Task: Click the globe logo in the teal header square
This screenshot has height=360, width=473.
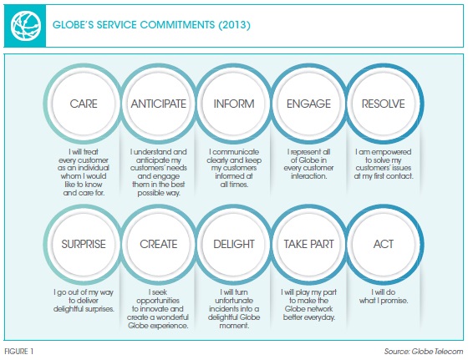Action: (25, 26)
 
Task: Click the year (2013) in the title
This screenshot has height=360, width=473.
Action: (234, 24)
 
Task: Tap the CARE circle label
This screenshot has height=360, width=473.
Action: (84, 104)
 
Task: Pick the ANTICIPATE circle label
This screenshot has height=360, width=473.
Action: (159, 104)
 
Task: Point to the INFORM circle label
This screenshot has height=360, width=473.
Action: (234, 104)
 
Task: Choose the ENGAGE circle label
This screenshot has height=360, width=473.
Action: (308, 104)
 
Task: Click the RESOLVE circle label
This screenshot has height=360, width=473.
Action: (383, 104)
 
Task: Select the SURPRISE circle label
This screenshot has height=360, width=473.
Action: (84, 244)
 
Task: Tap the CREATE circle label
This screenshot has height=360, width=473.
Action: (159, 244)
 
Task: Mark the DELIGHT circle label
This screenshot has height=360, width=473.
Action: (234, 244)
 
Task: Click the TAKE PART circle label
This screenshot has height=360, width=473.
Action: (308, 244)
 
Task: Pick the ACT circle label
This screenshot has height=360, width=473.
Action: (383, 244)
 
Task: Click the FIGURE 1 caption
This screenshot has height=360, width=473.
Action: (18, 352)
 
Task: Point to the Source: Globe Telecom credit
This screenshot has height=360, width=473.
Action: (424, 352)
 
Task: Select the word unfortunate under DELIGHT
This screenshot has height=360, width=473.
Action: (234, 301)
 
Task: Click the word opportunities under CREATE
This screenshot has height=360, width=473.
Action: (158, 301)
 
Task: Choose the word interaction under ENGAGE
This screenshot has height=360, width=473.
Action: (308, 176)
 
